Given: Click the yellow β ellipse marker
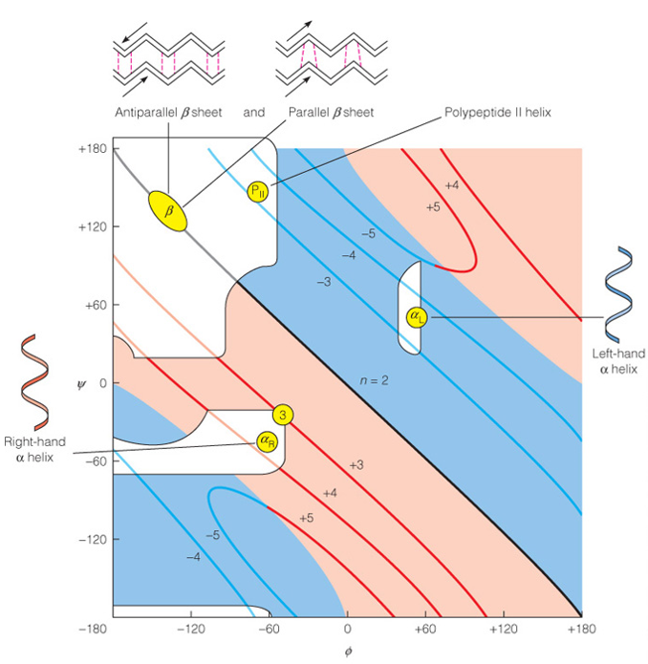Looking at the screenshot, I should pos(168,211).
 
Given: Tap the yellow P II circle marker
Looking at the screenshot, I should pos(258,190).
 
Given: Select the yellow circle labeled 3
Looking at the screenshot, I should pos(283,415).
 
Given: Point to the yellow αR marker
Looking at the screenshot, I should pos(268,440).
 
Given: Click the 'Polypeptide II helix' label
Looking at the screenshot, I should pos(498,113).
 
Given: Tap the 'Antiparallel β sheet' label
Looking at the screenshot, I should pos(168,113).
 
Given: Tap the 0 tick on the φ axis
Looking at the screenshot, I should pos(347,631).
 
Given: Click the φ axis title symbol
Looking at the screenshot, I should pos(347,653).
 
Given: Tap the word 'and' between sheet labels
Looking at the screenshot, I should pos(253,113).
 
